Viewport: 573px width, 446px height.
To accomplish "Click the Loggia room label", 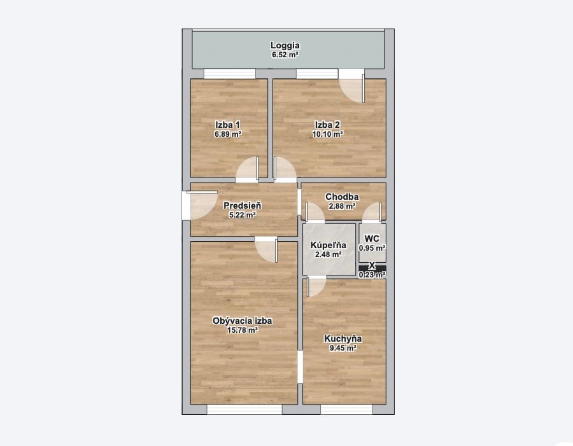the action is pos(285,46).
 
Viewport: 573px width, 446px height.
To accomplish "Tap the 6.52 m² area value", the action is pos(285,55).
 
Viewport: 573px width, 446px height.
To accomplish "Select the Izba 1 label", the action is pos(228,125).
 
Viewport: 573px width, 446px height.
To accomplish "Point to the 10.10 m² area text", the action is pos(327,134).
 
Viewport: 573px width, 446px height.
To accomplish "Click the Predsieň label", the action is pos(243,206).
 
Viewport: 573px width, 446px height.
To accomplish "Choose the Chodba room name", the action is pos(342,197).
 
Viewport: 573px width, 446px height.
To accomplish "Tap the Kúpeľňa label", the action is pos(328,245).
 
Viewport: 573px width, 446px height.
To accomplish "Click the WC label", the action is pos(372,239).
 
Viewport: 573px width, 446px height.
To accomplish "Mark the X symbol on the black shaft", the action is pos(372,265).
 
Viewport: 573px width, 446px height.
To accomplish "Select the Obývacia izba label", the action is pos(243,321).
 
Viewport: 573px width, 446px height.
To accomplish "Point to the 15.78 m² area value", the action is pos(243,330).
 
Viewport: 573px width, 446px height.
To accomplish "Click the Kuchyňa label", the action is pos(343,338).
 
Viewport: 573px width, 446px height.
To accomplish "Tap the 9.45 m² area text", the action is pos(343,348).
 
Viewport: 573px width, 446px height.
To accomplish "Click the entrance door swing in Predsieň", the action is pos(202,206).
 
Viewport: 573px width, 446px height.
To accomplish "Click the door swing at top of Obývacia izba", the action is pos(266,251).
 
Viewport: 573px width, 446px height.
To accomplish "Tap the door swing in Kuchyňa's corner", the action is pos(316,287).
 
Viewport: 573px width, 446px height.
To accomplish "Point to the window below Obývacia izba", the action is pos(244,410).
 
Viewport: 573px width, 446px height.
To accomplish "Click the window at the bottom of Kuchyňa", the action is pos(346,410).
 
